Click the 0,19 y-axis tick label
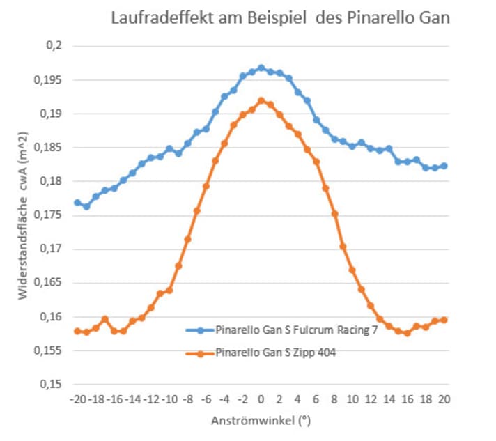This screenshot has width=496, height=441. pos(50,114)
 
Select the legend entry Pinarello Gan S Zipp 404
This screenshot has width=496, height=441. pos(279,353)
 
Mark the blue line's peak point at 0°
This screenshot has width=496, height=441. pos(261,68)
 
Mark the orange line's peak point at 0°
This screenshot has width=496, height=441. pos(261,101)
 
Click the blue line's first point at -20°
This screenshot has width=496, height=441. pos(77,203)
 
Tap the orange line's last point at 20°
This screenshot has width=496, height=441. pos(444,320)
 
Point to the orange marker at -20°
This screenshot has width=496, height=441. pos(77,331)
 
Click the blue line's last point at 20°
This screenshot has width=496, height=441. pos(444,166)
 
